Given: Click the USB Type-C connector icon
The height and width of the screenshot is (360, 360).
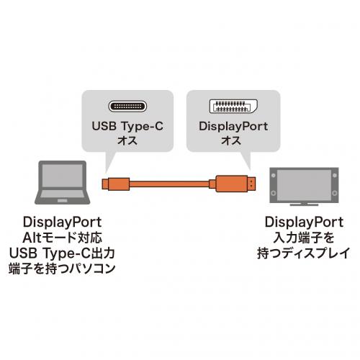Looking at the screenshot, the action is pos(127,106).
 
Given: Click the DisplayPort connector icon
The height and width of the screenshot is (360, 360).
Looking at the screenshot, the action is pos(233,107).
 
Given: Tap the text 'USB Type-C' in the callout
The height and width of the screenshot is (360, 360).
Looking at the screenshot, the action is pos(127,126).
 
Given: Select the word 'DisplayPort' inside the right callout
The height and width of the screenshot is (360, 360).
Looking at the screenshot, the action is pos(233,127).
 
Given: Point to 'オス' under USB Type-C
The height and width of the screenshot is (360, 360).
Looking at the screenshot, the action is pos(127,140).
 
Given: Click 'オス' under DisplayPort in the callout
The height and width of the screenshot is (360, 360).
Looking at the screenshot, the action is pos(231,140).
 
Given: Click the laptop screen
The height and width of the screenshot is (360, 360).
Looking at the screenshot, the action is pos(63,175).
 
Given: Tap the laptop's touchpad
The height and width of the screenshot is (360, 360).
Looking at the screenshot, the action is pos(63,200).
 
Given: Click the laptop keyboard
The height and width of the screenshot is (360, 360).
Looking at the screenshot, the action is pos(63,194).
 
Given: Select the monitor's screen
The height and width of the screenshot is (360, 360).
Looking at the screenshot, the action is pos(304,185).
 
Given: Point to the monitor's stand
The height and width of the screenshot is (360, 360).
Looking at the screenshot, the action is pos(304,204).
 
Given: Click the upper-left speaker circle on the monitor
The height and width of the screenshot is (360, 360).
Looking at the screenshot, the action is pos(273,175).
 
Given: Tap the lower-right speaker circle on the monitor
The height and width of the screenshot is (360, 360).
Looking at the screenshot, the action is pos(335,193).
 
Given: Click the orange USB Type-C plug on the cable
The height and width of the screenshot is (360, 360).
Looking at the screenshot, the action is pos(116,184).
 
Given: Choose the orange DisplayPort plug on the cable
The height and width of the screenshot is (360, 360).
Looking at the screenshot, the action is pos(232,184).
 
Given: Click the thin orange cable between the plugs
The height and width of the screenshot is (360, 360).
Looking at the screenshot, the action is pos(169,184).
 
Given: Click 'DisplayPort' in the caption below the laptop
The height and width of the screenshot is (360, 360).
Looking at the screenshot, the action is pos(63,222).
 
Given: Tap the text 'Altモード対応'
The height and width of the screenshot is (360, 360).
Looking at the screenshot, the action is pos(63,238).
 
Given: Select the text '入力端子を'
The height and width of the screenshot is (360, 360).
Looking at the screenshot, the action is pos(304,238).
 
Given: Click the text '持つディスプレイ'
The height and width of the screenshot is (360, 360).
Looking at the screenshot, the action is pos(304,253).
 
